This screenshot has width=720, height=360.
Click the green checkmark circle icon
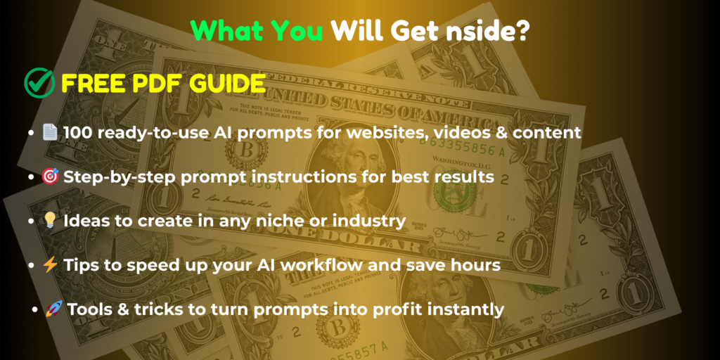tap(39, 83)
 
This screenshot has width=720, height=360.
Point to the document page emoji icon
tap(50, 133)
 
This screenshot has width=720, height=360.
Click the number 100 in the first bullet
tap(79, 133)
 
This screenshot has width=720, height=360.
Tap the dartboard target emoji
tap(50, 176)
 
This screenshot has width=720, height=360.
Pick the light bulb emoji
tap(50, 221)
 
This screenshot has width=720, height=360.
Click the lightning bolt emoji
tap(50, 265)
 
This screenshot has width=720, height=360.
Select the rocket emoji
tap(54, 309)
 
